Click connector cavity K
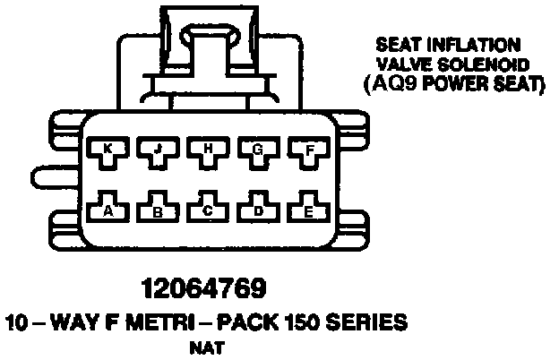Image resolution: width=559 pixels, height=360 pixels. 107,151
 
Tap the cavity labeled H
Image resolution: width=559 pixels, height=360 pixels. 207,151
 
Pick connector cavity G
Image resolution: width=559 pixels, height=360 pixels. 257,151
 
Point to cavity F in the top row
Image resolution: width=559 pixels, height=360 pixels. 307,151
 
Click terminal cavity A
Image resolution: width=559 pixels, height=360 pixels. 107,209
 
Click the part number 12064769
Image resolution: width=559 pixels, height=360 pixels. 203,289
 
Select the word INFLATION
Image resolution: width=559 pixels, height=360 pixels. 482,44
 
